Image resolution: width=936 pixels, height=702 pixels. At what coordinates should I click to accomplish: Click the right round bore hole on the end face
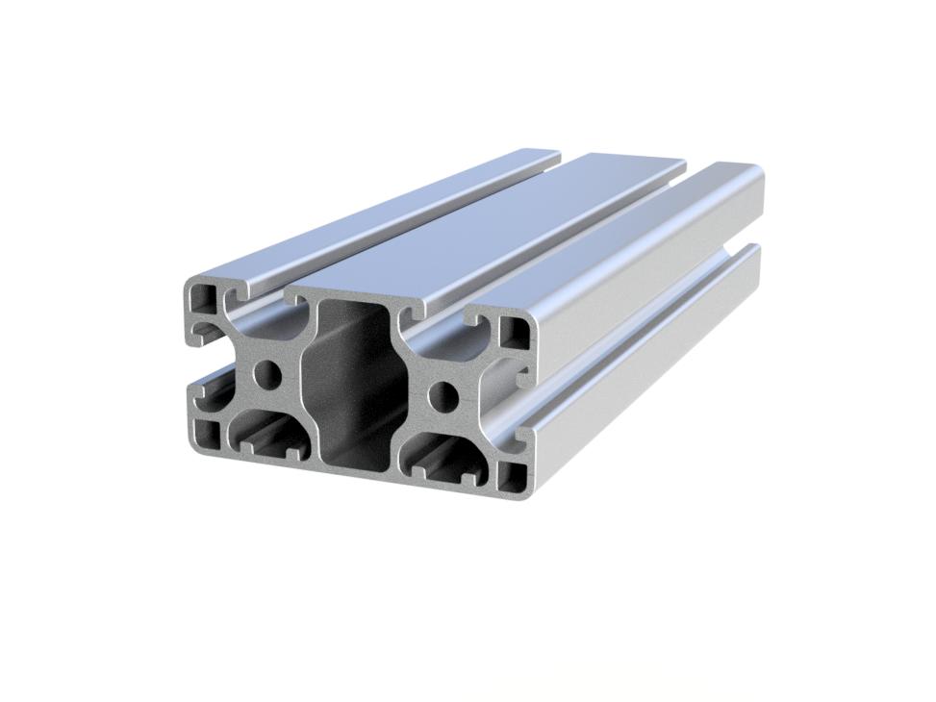(443, 392)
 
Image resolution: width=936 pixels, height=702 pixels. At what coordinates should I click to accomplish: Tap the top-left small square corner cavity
(204, 296)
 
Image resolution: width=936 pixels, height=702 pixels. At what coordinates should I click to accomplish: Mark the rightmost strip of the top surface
(625, 240)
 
